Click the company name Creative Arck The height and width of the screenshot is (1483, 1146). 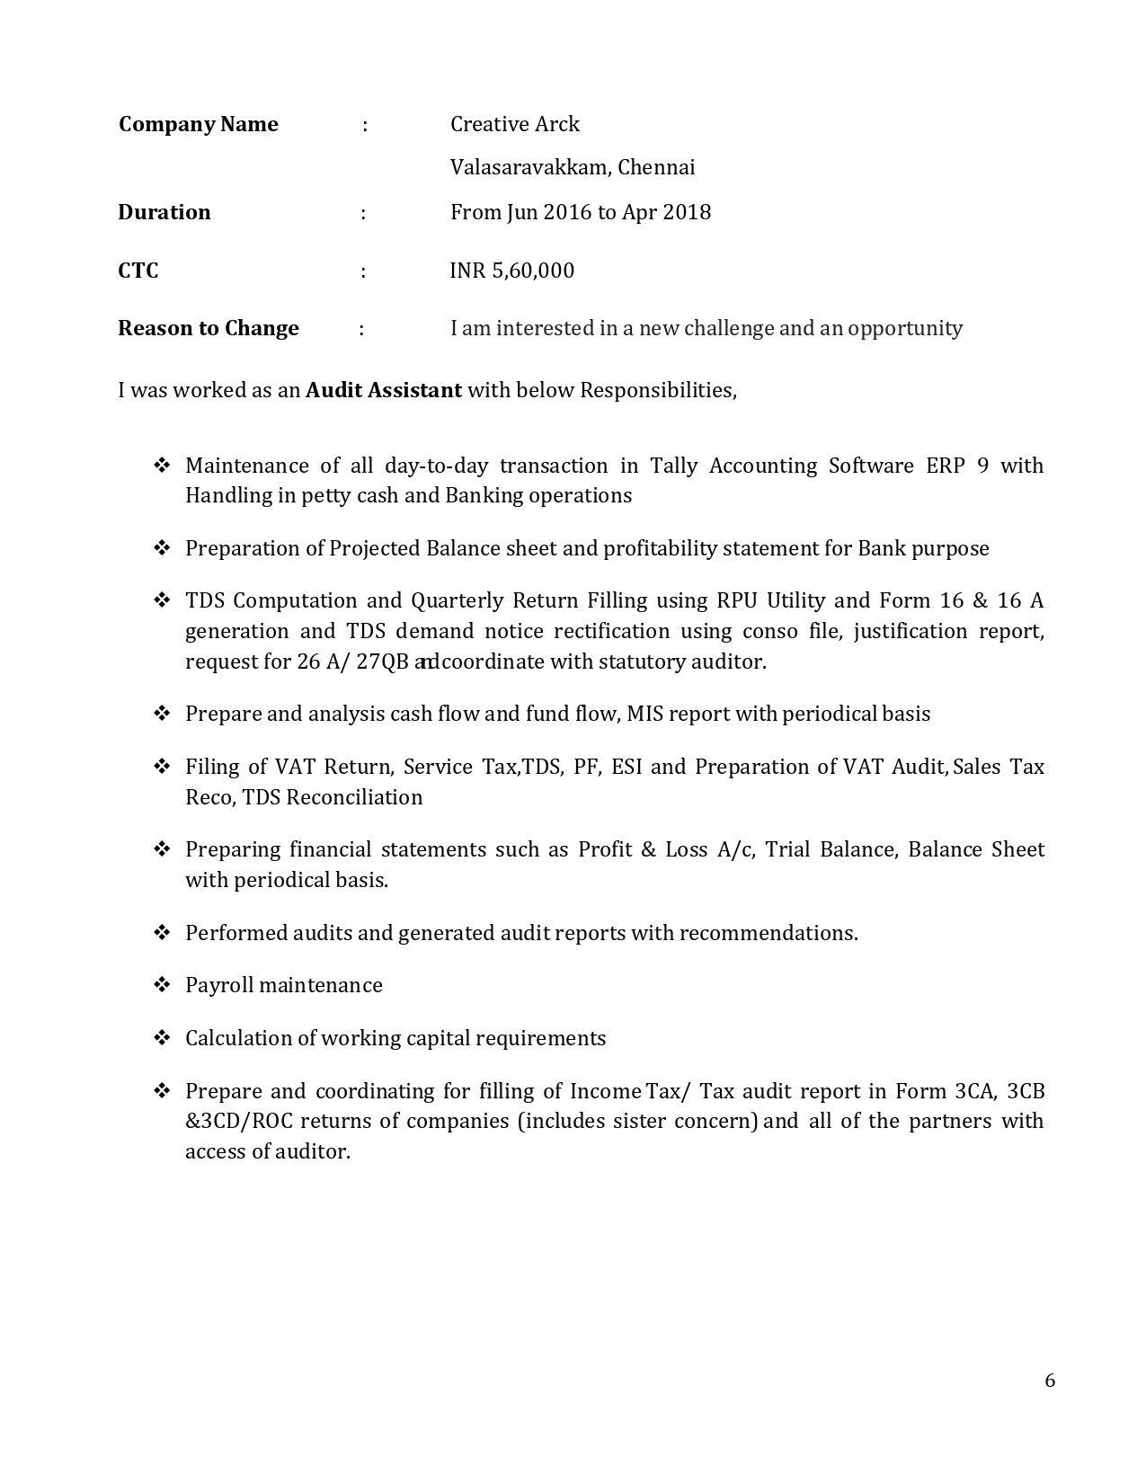514,124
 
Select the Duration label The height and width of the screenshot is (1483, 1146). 164,212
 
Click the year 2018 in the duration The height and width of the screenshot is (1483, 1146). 687,212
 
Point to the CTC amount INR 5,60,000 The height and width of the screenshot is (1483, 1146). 511,271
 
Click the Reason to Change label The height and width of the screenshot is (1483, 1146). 208,328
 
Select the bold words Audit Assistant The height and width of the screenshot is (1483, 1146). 384,390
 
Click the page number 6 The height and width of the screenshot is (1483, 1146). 1050,1381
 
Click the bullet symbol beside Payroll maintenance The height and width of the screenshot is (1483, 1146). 162,985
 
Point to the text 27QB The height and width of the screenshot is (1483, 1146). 382,662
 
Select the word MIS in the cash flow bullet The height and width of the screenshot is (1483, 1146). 644,714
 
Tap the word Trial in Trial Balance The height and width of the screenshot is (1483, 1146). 787,849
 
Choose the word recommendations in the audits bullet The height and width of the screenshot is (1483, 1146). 768,933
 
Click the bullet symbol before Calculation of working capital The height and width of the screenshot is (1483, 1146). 162,1038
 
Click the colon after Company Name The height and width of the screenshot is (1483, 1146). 365,125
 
